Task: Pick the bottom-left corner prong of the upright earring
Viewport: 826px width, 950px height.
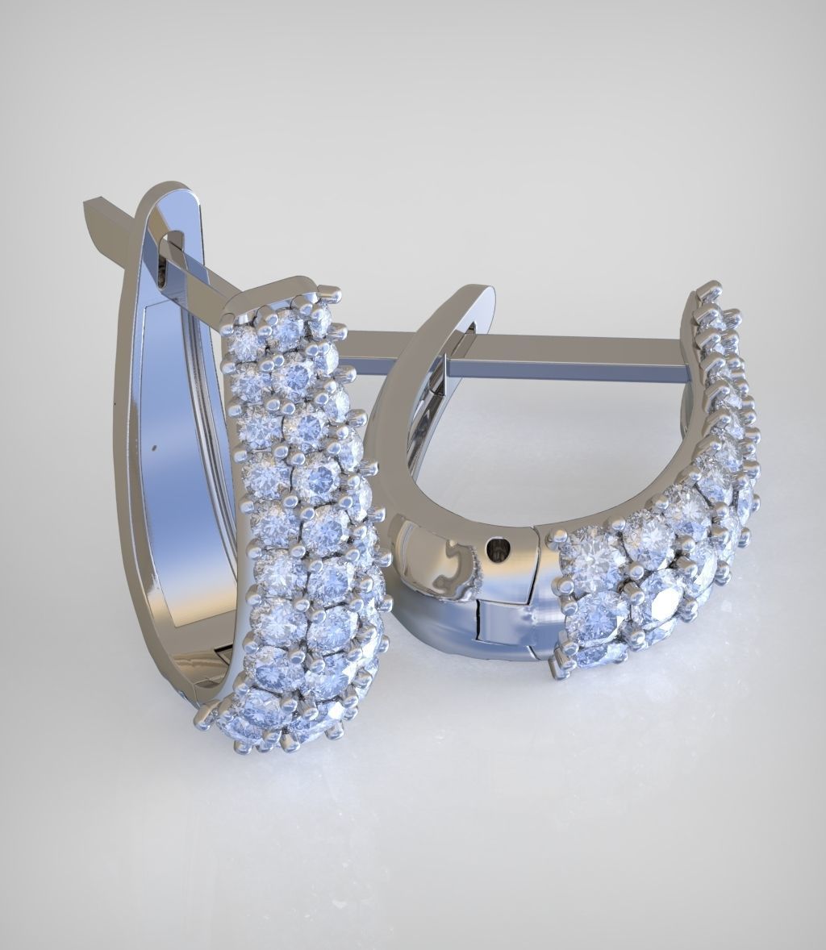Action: coord(203,715)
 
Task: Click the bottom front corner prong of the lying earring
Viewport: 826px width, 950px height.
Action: coord(557,669)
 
